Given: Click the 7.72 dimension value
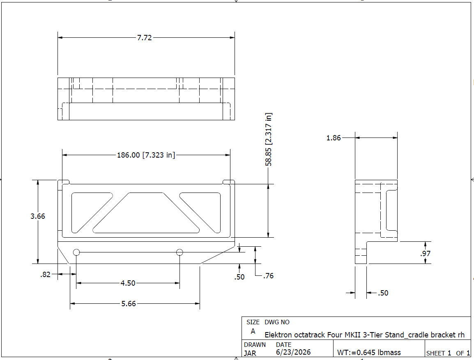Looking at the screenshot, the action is (145, 38).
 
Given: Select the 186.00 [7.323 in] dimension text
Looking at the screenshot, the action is (146, 155).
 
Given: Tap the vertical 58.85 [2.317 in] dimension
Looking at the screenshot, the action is (269, 139).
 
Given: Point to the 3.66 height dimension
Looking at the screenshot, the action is (38, 216).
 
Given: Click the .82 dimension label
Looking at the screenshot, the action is (45, 275).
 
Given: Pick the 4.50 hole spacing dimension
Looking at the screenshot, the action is (128, 283).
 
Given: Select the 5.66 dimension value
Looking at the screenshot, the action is (129, 303).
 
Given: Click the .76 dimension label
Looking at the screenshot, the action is (268, 276).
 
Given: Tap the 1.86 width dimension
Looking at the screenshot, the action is (334, 138).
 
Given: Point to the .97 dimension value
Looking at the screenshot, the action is (426, 254).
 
